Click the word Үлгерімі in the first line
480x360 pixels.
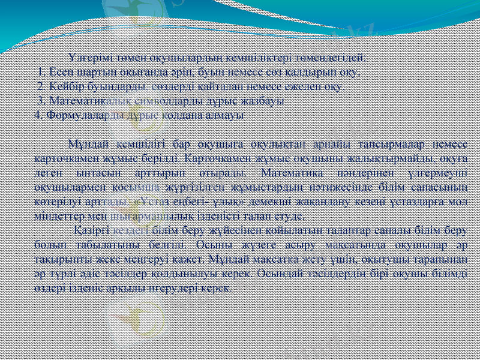tap(88, 58)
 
